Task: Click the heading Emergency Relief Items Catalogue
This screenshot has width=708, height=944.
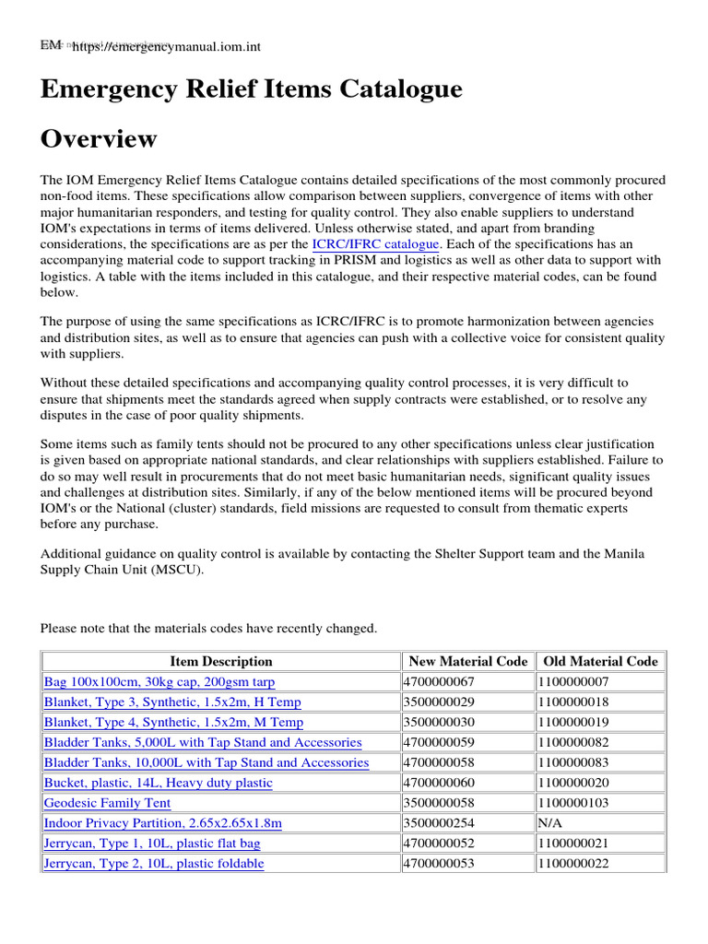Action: [x=251, y=90]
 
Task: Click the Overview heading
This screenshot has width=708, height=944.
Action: [x=99, y=139]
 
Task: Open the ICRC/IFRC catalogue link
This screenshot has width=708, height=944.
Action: [x=376, y=244]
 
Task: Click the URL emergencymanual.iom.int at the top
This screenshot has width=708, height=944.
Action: [x=160, y=46]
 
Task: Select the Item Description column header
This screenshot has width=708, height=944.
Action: [x=221, y=661]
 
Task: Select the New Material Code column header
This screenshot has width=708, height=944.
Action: [x=468, y=661]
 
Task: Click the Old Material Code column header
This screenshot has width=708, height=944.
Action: [x=601, y=661]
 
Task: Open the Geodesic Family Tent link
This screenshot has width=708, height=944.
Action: [x=107, y=803]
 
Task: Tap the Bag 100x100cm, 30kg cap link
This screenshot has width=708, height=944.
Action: [x=159, y=681]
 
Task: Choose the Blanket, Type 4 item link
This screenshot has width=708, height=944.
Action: [x=173, y=722]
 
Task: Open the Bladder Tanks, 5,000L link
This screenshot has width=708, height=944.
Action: [x=203, y=742]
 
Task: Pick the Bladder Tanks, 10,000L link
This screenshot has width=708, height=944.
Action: [x=206, y=762]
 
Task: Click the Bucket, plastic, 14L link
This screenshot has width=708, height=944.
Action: [x=159, y=783]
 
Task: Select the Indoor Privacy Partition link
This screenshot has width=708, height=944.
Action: [x=163, y=823]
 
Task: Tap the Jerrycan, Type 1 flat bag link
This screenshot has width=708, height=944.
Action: [x=152, y=844]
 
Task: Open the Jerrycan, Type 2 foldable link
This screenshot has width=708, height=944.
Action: [x=154, y=864]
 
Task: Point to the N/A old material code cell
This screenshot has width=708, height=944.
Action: [x=551, y=823]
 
